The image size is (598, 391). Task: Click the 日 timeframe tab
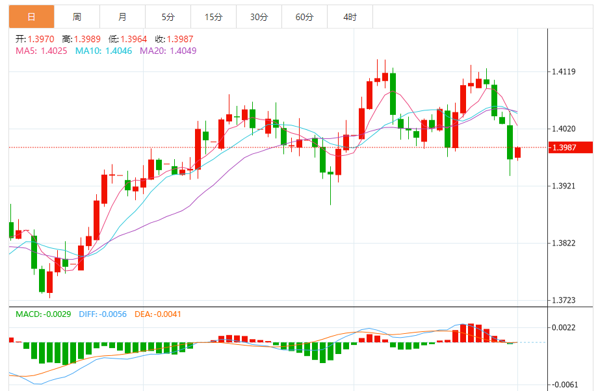point(32,17)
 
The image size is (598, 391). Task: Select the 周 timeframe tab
point(77,17)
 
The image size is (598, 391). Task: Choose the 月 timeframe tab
point(123,17)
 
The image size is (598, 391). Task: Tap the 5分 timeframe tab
point(168,17)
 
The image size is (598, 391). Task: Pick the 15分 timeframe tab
point(213,17)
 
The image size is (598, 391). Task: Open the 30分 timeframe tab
point(259,17)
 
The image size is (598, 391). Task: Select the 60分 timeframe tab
point(304,17)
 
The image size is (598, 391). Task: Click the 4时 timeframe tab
point(350,17)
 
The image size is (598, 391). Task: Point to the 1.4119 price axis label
point(564,71)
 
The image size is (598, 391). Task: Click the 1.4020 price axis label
point(564,129)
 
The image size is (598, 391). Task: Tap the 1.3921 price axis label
point(564,186)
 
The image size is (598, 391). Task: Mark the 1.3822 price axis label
point(564,243)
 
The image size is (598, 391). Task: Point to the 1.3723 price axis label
point(564,300)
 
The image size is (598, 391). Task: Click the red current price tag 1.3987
point(571,148)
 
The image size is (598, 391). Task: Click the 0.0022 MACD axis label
point(564,327)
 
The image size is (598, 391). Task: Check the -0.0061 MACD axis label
point(564,385)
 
